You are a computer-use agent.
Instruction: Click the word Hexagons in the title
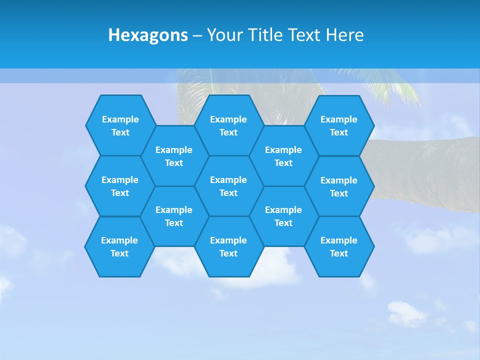click(x=148, y=35)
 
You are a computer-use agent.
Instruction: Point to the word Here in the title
click(x=345, y=35)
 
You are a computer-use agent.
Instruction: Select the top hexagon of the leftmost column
click(x=120, y=125)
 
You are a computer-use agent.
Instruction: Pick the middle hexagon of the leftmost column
click(x=120, y=186)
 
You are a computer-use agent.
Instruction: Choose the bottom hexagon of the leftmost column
click(x=119, y=246)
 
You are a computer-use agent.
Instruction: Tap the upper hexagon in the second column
click(x=174, y=156)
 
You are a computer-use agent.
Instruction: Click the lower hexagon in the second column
click(x=174, y=216)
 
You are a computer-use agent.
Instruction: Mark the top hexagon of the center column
click(x=228, y=125)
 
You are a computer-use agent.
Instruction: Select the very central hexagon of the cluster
click(x=228, y=186)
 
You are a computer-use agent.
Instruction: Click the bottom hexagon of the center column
click(x=228, y=246)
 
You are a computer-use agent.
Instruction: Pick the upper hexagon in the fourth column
click(x=283, y=156)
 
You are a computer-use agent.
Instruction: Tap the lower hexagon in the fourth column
click(x=283, y=216)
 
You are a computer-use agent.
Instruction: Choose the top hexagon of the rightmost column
click(x=339, y=125)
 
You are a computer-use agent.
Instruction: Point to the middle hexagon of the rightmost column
click(x=339, y=186)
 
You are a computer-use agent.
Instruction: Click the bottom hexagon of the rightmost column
click(x=339, y=246)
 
